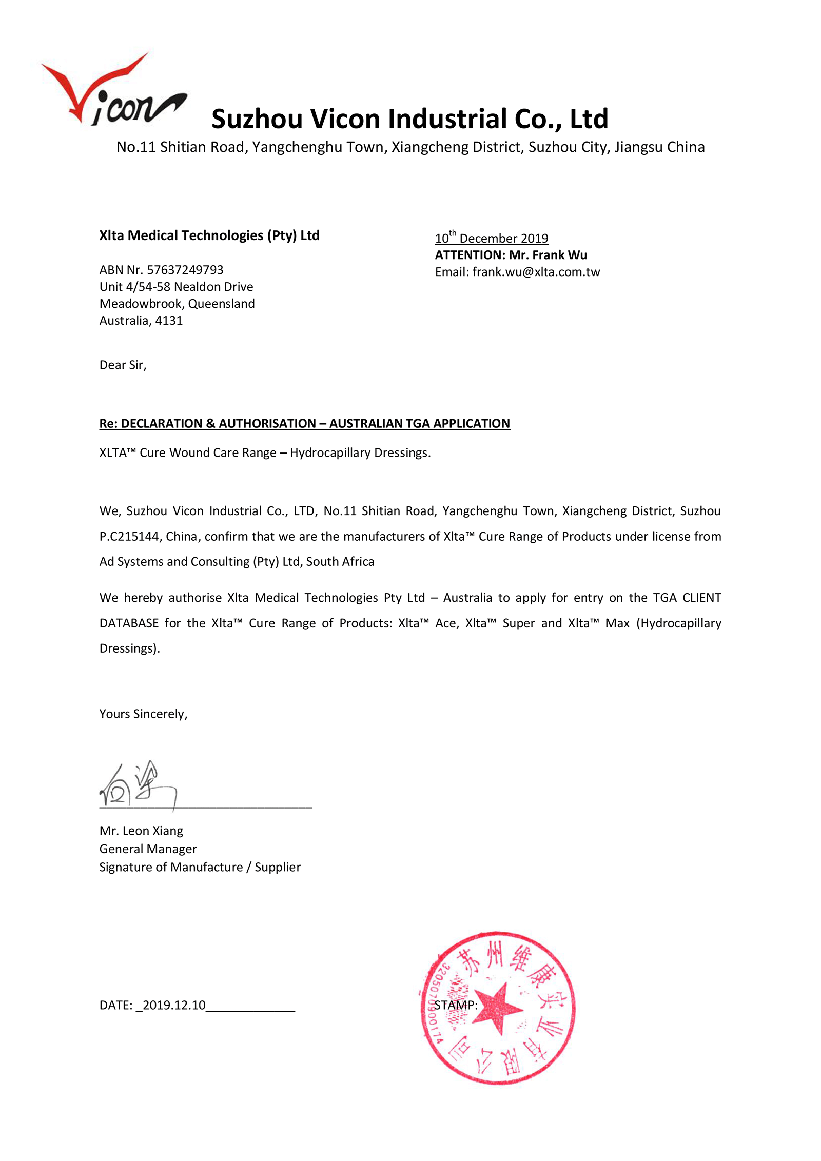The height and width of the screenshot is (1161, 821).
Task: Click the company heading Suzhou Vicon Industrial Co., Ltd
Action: (409, 119)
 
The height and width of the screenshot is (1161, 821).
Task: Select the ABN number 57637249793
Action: (185, 270)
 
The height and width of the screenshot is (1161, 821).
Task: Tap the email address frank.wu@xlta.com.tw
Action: (536, 272)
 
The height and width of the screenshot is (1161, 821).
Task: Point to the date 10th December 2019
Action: (492, 239)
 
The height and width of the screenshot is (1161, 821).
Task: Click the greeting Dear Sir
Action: (123, 365)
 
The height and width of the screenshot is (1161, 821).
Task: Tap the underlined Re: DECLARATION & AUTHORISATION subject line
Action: (305, 424)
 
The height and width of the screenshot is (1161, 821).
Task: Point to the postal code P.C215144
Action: (129, 537)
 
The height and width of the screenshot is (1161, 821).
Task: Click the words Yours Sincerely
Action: (143, 714)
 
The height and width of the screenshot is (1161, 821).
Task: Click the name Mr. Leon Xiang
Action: (141, 831)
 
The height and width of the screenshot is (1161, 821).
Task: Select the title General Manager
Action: (148, 849)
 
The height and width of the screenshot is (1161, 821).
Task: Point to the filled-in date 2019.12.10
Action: (174, 1005)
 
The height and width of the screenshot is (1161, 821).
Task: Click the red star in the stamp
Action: (496, 1008)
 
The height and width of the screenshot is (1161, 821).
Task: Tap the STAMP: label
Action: (456, 1005)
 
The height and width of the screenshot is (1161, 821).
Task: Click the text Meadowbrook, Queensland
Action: (177, 304)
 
